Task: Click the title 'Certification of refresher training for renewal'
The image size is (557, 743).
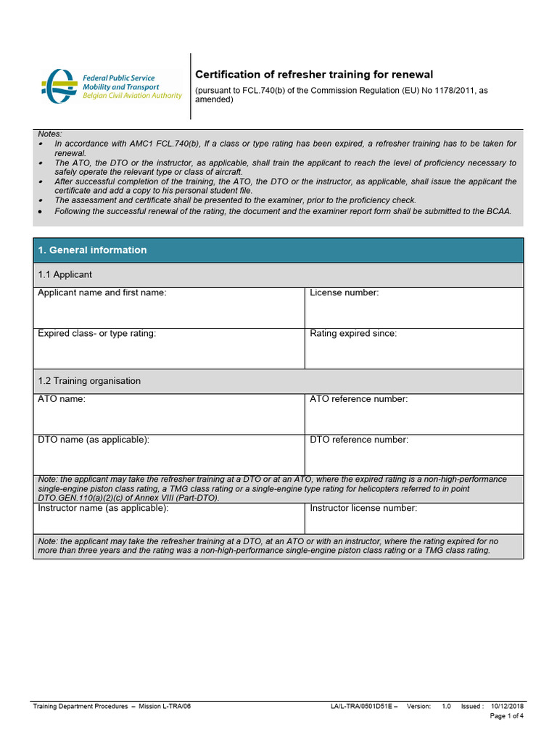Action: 314,75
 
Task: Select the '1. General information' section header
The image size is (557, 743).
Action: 92,250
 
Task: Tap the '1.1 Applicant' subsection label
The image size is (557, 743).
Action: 65,275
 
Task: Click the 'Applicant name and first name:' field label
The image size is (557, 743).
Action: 102,293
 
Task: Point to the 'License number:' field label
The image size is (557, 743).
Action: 344,293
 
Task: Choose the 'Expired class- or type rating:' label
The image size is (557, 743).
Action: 96,334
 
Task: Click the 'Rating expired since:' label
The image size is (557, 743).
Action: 353,334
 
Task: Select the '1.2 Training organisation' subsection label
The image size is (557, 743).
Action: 89,381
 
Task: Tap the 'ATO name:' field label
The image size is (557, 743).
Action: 62,399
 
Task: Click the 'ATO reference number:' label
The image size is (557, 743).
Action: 359,399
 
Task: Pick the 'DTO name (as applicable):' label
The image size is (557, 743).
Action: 94,440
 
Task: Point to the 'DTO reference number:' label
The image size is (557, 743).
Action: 359,440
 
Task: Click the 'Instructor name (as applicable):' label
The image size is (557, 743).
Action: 103,509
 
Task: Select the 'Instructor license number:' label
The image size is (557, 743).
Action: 363,509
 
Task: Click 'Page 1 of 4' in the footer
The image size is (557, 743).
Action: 507,716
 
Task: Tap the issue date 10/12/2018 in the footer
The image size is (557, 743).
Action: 508,706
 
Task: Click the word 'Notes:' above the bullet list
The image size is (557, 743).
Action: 50,134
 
